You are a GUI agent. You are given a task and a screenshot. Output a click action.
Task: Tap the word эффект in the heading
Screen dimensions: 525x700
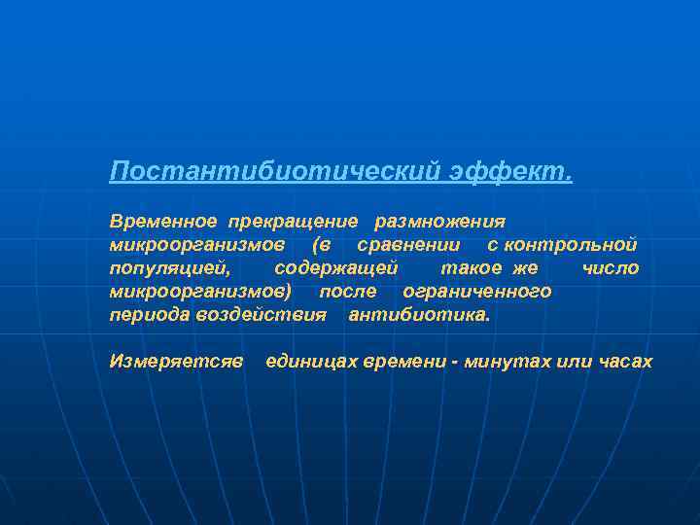click(x=510, y=172)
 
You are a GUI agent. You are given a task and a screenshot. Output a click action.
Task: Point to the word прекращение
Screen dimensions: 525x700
click(x=293, y=222)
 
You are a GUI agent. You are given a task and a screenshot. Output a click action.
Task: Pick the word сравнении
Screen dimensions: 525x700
click(x=408, y=245)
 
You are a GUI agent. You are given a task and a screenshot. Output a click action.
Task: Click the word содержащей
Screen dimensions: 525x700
click(x=336, y=268)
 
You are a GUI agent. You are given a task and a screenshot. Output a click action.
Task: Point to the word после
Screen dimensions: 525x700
click(x=348, y=292)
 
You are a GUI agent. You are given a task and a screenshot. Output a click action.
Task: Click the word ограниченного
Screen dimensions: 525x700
click(x=476, y=292)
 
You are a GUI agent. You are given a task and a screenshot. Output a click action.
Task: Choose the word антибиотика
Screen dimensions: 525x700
click(x=420, y=315)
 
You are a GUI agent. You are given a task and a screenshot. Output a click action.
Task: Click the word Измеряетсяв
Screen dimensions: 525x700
click(x=176, y=362)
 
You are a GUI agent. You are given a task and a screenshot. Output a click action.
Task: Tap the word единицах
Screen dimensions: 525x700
click(x=311, y=362)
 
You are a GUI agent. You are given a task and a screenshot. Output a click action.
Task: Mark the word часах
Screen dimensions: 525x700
click(x=626, y=362)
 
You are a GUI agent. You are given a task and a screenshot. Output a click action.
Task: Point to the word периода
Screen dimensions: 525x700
click(x=150, y=315)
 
